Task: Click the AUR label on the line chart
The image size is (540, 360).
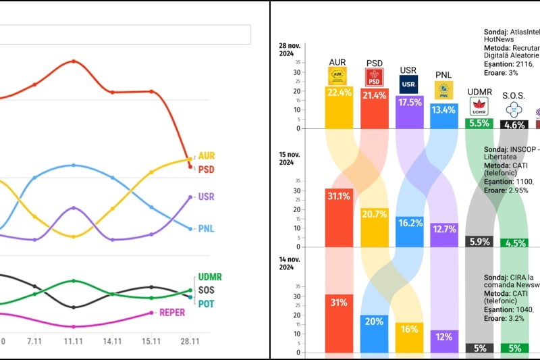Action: click(x=206, y=155)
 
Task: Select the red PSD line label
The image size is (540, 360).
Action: click(x=206, y=170)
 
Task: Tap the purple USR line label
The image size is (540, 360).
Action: click(x=206, y=197)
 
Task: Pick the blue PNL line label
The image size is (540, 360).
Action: click(x=206, y=229)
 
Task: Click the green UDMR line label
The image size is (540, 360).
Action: click(x=210, y=277)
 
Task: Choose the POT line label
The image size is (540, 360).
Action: click(x=206, y=304)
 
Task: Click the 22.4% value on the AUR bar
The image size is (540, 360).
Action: click(x=340, y=93)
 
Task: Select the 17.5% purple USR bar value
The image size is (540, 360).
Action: click(x=410, y=103)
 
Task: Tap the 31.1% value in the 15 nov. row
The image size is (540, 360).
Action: click(x=340, y=196)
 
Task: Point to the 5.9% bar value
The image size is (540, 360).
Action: click(x=479, y=241)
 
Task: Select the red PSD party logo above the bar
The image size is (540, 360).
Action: click(x=375, y=76)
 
